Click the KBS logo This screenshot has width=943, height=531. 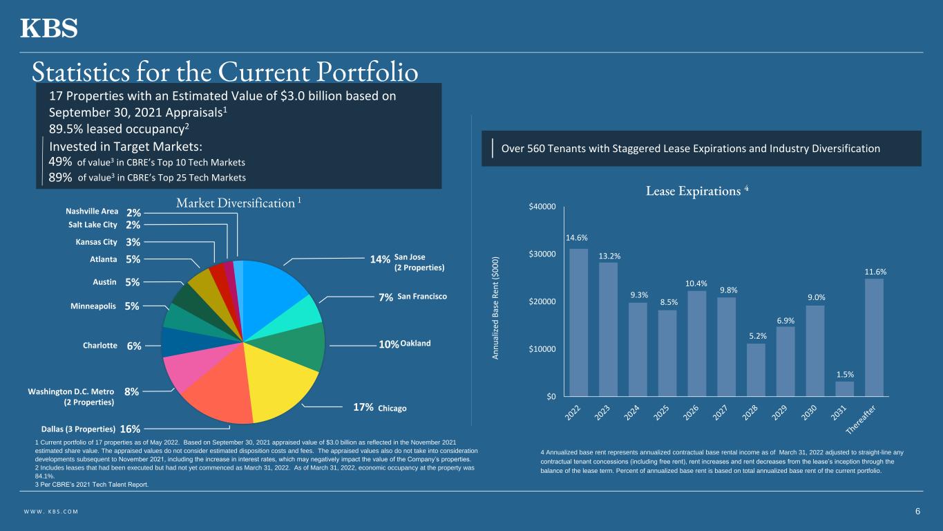pos(48,28)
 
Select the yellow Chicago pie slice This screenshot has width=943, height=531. pos(283,380)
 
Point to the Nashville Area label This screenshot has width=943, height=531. pos(92,212)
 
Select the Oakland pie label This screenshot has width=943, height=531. pos(415,344)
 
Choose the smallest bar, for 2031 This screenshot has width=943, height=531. pos(844,389)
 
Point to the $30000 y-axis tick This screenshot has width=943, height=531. pos(542,254)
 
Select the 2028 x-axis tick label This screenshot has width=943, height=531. pos(753,412)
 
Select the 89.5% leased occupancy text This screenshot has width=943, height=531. pos(117,129)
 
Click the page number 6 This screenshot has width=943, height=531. pos(917,512)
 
